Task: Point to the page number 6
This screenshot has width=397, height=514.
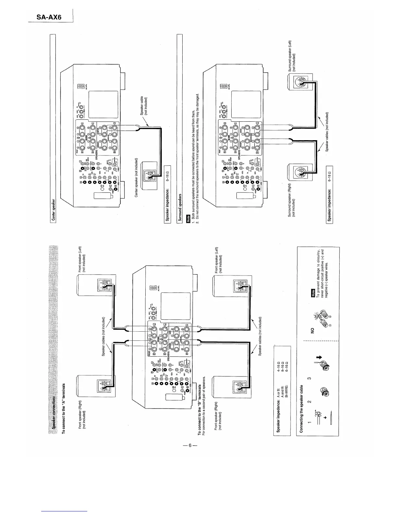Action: pyautogui.click(x=189, y=446)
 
